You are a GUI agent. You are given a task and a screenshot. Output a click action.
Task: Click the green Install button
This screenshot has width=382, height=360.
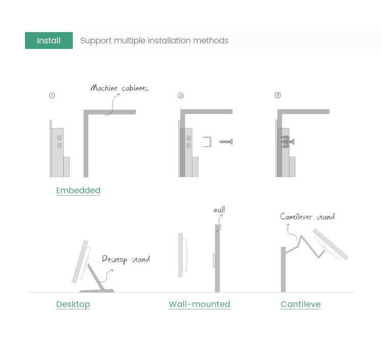tap(49, 40)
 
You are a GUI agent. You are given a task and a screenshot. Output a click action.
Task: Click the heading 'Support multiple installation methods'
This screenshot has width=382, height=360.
tap(154, 40)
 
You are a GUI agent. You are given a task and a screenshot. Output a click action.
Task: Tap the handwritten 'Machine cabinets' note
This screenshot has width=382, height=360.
tap(119, 88)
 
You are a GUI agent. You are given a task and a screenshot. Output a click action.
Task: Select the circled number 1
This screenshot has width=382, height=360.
tap(52, 95)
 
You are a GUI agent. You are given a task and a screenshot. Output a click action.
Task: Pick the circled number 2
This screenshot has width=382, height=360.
tap(180, 95)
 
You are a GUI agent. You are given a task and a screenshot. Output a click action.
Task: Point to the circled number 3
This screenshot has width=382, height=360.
tap(278, 95)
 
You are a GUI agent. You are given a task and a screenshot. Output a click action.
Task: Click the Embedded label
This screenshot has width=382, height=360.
tap(78, 191)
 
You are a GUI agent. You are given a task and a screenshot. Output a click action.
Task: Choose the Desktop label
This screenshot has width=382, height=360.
tap(73, 304)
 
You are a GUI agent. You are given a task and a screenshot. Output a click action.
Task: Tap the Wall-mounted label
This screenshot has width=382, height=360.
tap(200, 304)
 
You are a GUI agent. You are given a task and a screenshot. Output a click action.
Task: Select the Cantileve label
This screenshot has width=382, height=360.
tap(301, 304)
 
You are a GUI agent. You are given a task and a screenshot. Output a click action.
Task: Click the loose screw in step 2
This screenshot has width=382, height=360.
tap(226, 141)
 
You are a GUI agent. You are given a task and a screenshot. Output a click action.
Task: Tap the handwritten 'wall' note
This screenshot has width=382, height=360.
tap(219, 210)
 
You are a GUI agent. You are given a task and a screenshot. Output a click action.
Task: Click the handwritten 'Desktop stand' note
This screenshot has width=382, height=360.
tap(126, 259)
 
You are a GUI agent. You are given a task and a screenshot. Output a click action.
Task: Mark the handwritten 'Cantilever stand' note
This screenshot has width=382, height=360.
tap(308, 217)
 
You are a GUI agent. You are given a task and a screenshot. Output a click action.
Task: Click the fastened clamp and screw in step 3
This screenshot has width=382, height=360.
tap(287, 141)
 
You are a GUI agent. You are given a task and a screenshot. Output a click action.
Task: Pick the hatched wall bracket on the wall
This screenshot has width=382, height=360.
tap(214, 261)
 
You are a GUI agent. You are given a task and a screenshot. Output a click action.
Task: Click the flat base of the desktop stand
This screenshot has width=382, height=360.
tap(97, 291)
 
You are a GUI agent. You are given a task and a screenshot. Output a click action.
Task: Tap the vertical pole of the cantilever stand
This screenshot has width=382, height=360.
tap(283, 270)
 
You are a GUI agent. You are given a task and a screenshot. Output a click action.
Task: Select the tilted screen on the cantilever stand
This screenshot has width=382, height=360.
tap(330, 244)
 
